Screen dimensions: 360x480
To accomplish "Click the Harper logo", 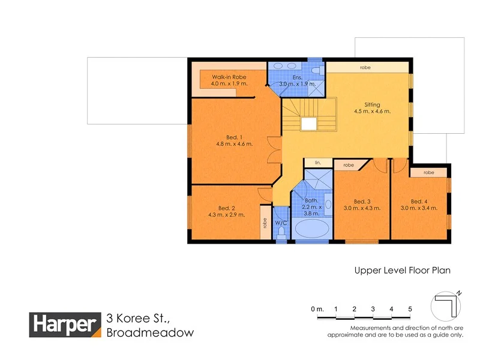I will click(65, 325).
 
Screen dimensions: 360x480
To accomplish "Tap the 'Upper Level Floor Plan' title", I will click(402, 271).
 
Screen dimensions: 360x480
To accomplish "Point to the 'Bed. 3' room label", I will click(362, 201).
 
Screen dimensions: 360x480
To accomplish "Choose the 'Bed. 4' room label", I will click(419, 201).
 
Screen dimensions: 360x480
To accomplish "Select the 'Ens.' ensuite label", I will click(297, 77).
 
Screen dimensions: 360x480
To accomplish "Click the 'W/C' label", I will click(281, 223).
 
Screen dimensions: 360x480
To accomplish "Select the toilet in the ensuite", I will click(316, 70).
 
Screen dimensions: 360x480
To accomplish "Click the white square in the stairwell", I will click(309, 124).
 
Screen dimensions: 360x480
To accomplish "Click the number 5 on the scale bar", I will click(410, 308).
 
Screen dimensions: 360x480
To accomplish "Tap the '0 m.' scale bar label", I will click(317, 308).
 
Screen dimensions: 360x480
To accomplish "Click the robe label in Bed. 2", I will click(264, 223).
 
